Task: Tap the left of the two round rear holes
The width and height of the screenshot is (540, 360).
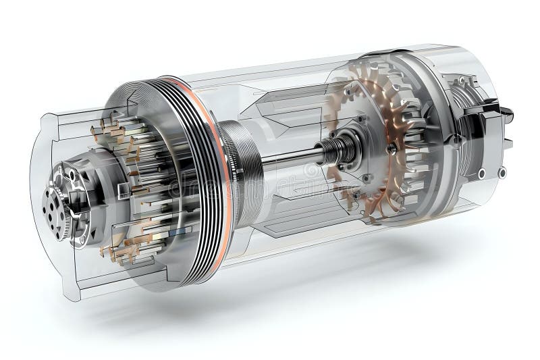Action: coord(482,174)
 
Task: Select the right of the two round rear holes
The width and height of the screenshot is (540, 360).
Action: coord(502,173)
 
